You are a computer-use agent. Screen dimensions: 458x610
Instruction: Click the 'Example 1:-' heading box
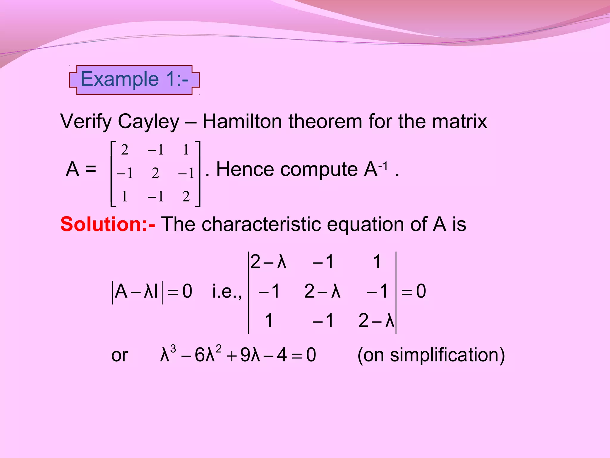point(134,80)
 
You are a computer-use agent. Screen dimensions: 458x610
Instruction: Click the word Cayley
point(148,122)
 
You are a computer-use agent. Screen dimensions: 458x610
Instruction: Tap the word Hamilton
point(242,122)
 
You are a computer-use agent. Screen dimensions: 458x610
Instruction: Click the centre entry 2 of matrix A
point(155,173)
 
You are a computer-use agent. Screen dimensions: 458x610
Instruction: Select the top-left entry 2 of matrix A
point(125,150)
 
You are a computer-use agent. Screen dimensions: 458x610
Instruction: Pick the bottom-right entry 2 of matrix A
point(186,197)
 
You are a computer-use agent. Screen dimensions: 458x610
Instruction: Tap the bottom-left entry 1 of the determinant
point(269,321)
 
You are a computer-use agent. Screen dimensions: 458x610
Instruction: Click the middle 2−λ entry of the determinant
point(322,291)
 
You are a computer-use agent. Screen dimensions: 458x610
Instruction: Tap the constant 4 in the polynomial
point(281,355)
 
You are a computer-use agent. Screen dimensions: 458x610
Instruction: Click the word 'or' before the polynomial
point(119,356)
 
